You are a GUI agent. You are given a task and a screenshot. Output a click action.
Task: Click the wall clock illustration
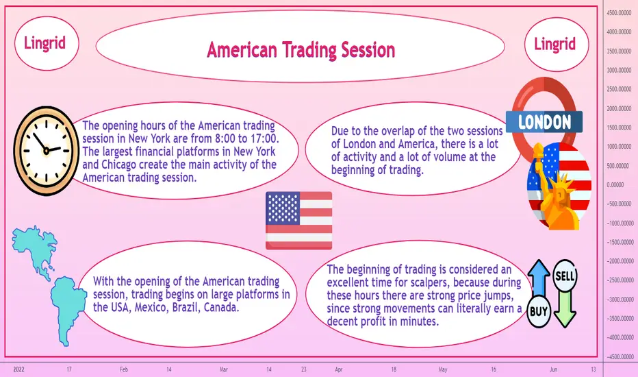(x=47, y=151)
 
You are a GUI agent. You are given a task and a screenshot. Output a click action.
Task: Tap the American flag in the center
(x=298, y=221)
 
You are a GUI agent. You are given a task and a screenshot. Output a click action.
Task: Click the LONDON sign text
(x=544, y=122)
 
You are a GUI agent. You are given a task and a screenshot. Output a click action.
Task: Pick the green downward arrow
(x=565, y=309)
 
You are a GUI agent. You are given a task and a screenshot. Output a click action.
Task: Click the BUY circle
(x=539, y=312)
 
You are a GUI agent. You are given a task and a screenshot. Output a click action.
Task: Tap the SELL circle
(x=565, y=276)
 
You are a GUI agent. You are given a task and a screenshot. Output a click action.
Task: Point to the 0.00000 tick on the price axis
(x=615, y=185)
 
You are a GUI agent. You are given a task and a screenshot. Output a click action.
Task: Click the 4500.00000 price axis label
(x=619, y=13)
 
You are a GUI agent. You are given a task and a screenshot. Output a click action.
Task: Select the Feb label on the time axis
(x=124, y=369)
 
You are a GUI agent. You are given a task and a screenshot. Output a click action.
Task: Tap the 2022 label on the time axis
(x=18, y=369)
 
